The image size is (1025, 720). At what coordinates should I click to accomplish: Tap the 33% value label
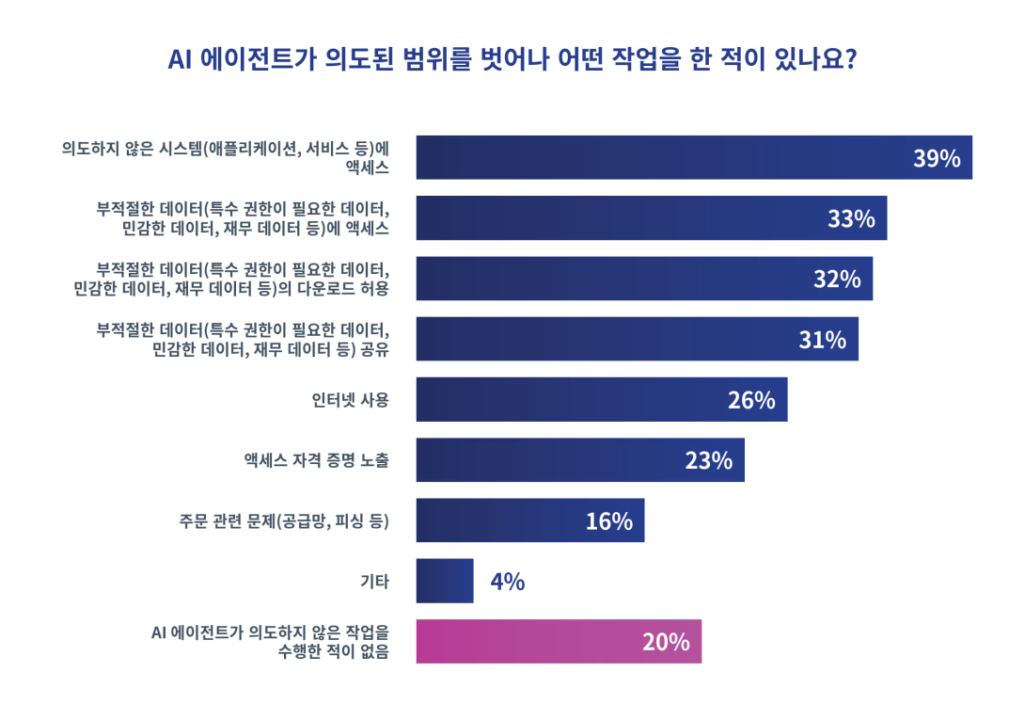[851, 219]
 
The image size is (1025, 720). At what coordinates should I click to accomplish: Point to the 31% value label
[822, 340]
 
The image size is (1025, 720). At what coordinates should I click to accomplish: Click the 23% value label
[708, 460]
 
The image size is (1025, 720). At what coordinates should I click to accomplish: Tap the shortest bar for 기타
[445, 581]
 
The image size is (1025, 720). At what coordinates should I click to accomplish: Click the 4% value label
[507, 582]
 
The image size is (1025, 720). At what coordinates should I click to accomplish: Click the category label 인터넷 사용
[350, 400]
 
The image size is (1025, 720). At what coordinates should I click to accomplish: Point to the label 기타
[374, 581]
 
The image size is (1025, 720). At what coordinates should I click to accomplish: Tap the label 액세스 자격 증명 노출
[316, 460]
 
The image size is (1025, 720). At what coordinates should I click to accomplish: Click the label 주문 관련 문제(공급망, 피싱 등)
[284, 520]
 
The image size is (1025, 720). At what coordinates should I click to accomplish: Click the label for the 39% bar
[226, 157]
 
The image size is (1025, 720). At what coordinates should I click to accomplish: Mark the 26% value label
[750, 400]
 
